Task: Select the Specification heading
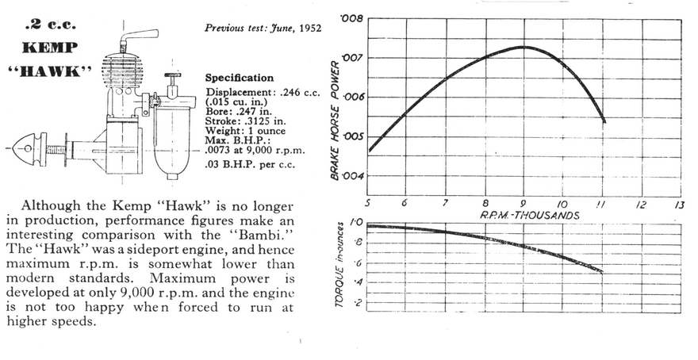pyautogui.click(x=240, y=79)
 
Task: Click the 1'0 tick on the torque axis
pyautogui.click(x=355, y=225)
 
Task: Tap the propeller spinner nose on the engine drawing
pyautogui.click(x=30, y=148)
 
